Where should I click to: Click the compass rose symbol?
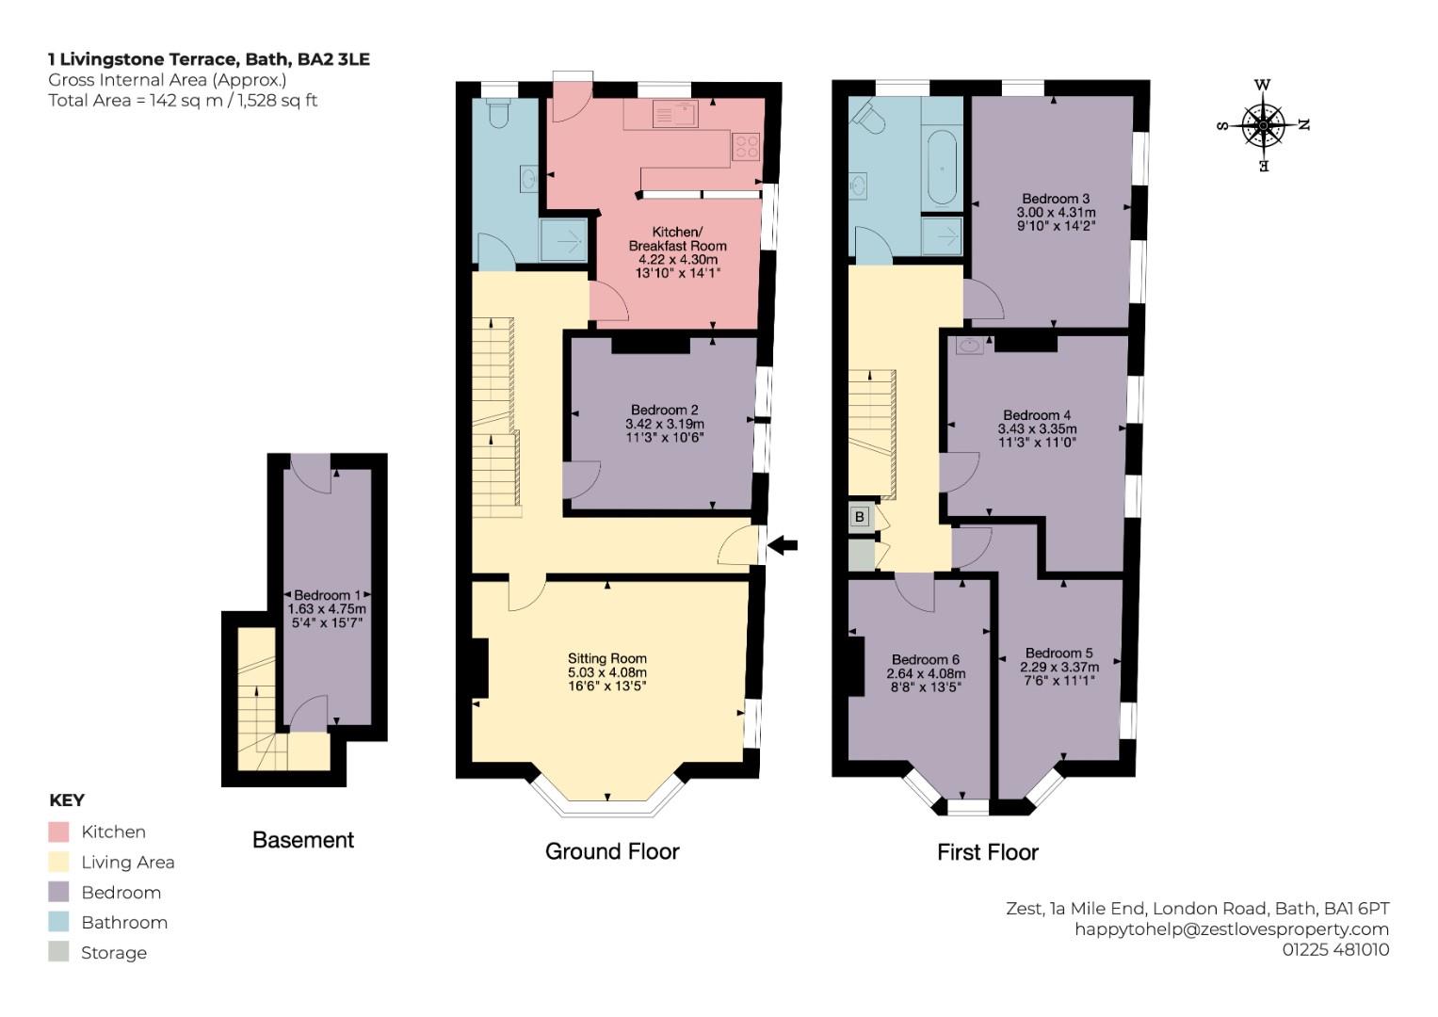[x=1263, y=126]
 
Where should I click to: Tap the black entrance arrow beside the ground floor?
[x=783, y=546]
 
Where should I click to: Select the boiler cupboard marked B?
[x=860, y=516]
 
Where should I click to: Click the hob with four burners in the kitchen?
[x=746, y=146]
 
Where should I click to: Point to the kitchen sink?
[x=674, y=114]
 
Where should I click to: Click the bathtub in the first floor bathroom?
[x=942, y=169]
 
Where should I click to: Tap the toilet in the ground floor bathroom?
[x=498, y=113]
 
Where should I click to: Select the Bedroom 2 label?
[x=665, y=410]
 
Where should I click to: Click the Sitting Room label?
[x=607, y=658]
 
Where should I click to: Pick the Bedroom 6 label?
[x=926, y=659]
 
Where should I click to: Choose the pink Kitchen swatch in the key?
[x=58, y=831]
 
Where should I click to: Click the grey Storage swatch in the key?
[x=58, y=951]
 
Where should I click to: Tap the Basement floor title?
[x=303, y=840]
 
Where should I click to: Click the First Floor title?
[x=987, y=852]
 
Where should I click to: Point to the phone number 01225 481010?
[x=1336, y=949]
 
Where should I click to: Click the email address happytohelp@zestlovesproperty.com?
[x=1232, y=929]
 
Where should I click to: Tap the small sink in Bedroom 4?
[x=969, y=346]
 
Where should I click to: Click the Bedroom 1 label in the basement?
[x=328, y=595]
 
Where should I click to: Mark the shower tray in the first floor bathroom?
[x=942, y=235]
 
